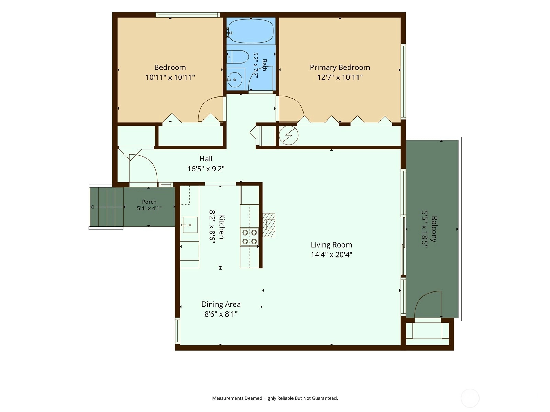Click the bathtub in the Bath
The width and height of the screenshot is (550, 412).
pos(251,31)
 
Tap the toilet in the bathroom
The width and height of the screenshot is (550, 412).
pos(237,57)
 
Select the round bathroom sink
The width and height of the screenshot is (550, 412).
pos(234,80)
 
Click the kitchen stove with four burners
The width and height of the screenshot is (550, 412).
pos(250,237)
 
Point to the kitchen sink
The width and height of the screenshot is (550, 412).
pos(190,225)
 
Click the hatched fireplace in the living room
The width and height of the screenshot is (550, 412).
pos(269,225)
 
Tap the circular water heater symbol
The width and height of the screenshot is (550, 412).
pos(289,135)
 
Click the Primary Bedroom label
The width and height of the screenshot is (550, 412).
pos(340,67)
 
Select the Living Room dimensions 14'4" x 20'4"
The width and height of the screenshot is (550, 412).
pos(331,255)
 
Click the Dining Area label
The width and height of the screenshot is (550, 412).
pos(221,304)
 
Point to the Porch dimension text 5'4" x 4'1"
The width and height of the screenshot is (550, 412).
pos(149,208)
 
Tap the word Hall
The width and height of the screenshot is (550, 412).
pos(206,159)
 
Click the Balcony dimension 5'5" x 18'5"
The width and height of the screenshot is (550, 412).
pos(425,229)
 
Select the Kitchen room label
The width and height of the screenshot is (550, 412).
pos(222,227)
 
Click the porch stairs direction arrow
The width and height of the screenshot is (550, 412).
pos(108,207)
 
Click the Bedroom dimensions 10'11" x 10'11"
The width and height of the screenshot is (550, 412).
pos(170,77)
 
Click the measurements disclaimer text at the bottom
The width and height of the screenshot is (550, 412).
pos(275,398)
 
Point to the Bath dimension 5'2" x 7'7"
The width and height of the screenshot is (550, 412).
pos(256,65)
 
